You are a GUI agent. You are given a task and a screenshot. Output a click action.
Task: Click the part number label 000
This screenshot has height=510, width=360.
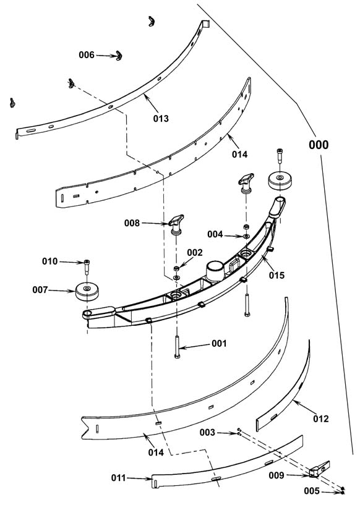click(x=319, y=145)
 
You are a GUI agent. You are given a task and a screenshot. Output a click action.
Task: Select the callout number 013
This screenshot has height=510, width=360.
click(x=161, y=119)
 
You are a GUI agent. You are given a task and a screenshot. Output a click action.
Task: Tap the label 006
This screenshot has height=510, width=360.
click(x=87, y=55)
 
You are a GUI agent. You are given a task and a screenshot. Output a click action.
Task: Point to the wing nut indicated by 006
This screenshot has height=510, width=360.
click(x=119, y=56)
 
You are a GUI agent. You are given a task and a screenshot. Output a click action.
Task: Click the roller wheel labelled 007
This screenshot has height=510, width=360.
click(x=87, y=291)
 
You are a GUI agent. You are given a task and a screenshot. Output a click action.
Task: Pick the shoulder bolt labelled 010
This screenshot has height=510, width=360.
click(x=87, y=266)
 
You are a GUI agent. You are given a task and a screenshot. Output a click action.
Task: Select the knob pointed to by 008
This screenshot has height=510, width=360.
click(x=176, y=225)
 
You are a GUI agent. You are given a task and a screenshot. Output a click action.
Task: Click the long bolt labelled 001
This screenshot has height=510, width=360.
click(x=177, y=347)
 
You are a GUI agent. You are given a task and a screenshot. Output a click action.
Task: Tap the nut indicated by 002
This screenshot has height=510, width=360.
click(x=176, y=268)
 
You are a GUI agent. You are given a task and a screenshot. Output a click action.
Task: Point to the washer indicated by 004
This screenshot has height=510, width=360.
click(x=246, y=236)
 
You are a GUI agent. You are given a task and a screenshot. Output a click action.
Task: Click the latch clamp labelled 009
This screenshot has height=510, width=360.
click(x=319, y=469)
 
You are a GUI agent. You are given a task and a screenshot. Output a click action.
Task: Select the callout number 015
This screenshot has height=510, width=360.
click(x=276, y=275)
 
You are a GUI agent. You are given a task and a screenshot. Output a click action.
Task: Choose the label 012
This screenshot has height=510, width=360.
click(x=321, y=419)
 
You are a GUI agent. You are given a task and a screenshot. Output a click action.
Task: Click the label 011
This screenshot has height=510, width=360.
click(x=119, y=478)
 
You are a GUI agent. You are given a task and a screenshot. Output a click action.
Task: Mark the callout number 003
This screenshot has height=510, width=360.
click(x=207, y=432)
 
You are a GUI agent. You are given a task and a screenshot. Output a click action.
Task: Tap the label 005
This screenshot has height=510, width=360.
click(x=312, y=491)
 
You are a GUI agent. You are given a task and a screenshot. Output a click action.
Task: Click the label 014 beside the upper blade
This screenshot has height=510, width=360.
click(x=240, y=154)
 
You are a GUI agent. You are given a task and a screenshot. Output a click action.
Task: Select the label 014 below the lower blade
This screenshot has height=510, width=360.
click(x=156, y=452)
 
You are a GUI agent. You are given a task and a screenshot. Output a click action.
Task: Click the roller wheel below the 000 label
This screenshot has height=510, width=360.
click(x=280, y=181)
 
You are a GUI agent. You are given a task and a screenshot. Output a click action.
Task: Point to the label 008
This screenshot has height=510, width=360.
click(x=132, y=223)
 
